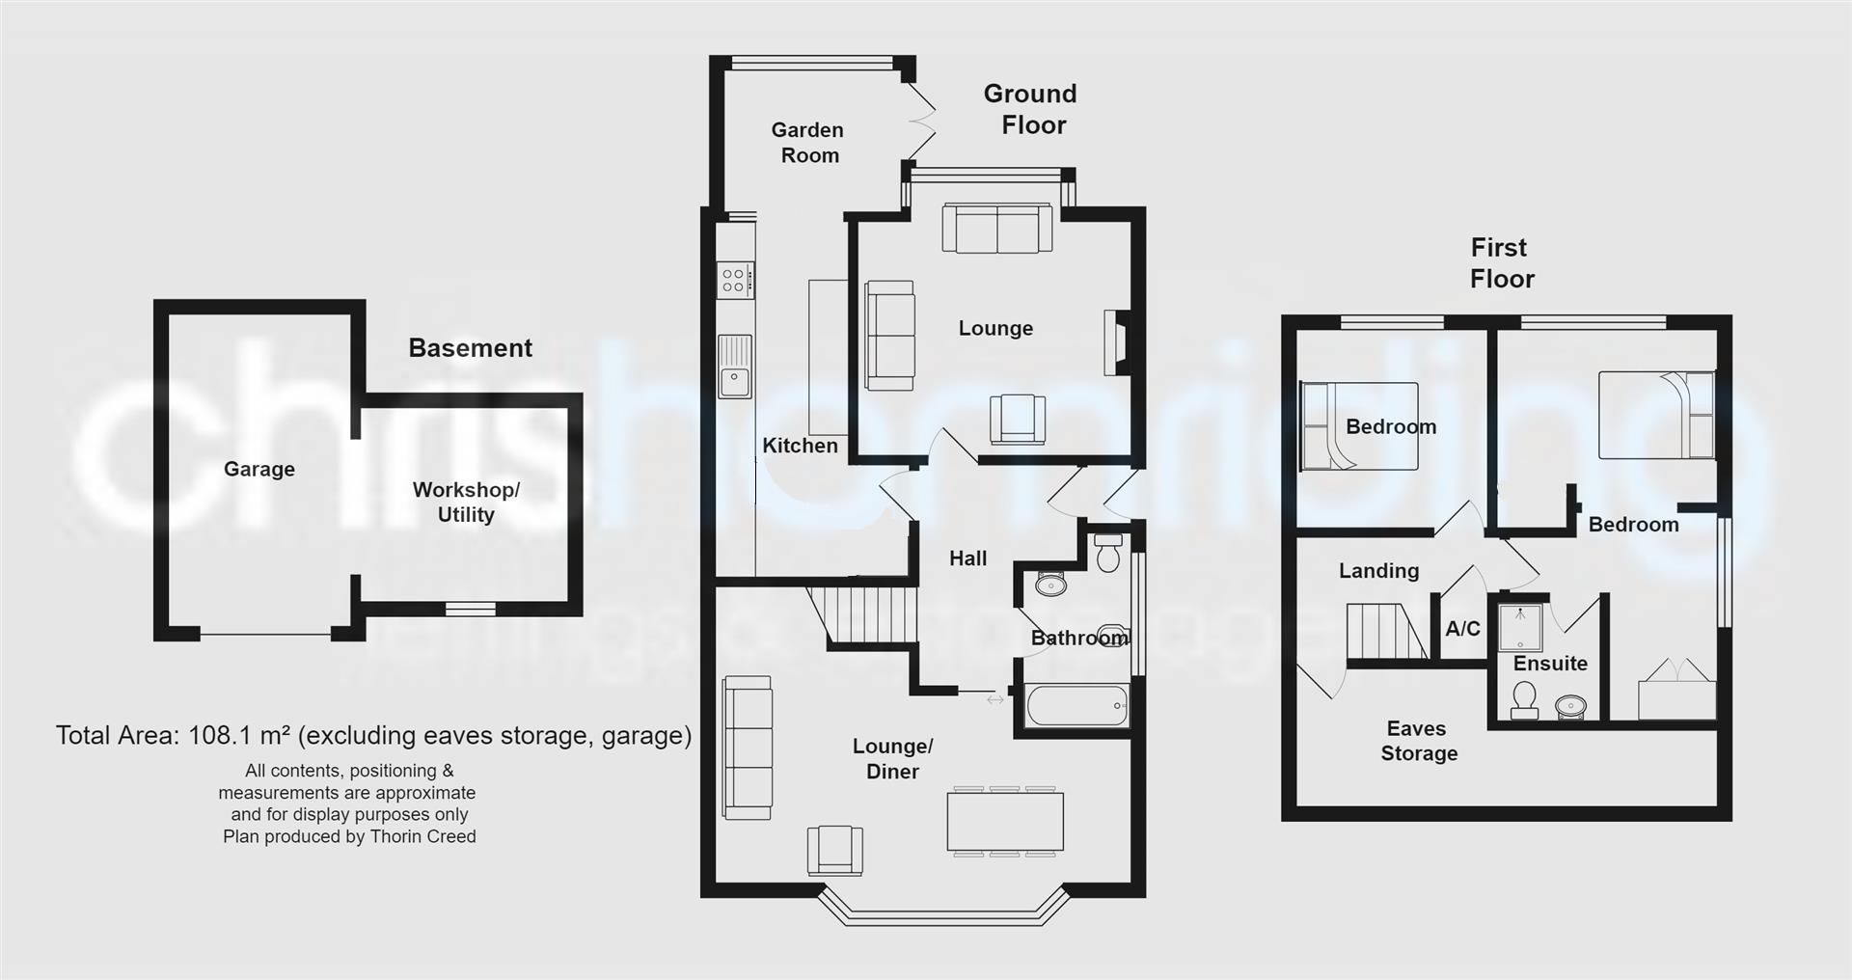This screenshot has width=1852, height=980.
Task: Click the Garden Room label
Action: [x=808, y=143]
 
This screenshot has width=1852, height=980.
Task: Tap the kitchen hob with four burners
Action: [x=733, y=280]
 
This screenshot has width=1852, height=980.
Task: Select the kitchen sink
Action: [x=735, y=367]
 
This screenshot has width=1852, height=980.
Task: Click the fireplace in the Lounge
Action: [x=1114, y=342]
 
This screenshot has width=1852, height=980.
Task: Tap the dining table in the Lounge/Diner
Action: [x=1005, y=821]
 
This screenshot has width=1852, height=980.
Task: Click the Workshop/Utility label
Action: [x=466, y=502]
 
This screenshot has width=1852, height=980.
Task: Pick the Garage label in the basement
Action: [x=259, y=469]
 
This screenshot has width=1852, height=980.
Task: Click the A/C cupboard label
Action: [x=1462, y=629]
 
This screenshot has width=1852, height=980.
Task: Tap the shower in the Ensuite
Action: [x=1521, y=628]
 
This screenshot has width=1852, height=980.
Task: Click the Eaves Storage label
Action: [x=1418, y=741]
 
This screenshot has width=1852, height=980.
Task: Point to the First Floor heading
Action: [x=1501, y=263]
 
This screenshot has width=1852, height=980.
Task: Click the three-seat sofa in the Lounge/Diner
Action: [x=748, y=748]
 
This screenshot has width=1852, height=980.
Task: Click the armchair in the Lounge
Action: [x=1017, y=419]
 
